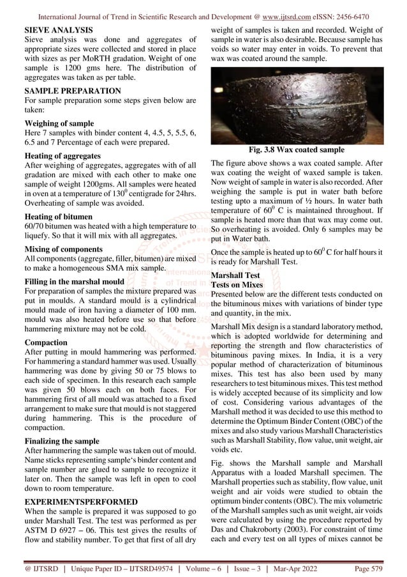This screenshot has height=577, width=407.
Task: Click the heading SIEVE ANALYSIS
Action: (x=57, y=30)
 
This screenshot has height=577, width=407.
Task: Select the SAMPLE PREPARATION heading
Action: (x=72, y=92)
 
